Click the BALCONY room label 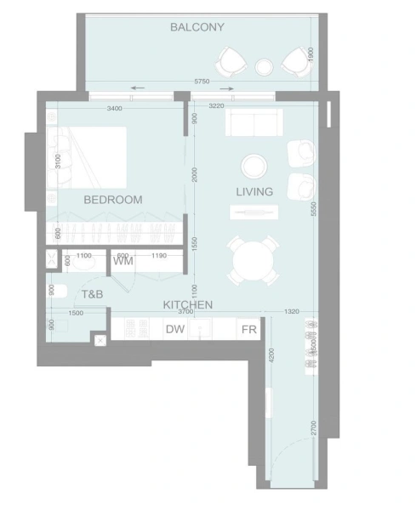(197, 27)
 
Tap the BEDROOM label (112, 199)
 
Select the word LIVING (254, 191)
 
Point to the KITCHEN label (187, 303)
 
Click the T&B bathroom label (92, 293)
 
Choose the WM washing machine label (123, 261)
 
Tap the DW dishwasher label (175, 330)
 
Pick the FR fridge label (249, 330)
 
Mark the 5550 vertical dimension (313, 212)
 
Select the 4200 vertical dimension (271, 355)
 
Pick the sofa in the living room (254, 125)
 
